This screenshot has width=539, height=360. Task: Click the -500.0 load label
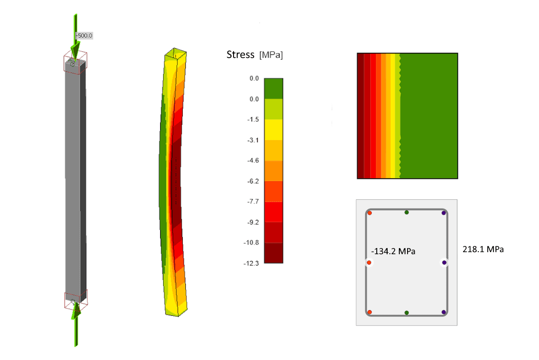[x=84, y=35]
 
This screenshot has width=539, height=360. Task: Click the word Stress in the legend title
[x=240, y=54]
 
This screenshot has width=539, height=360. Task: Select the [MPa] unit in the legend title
[x=271, y=55]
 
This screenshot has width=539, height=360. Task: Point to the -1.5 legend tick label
[x=253, y=119]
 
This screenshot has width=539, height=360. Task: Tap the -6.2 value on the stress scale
[x=253, y=181]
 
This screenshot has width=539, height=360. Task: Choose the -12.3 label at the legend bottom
[x=252, y=263]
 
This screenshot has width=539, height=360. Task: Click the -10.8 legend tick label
[x=252, y=243]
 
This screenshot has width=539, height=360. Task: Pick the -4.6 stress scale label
[x=253, y=161]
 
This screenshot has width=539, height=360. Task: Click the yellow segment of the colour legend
[x=274, y=129]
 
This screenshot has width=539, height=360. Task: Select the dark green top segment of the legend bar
[x=274, y=89]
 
